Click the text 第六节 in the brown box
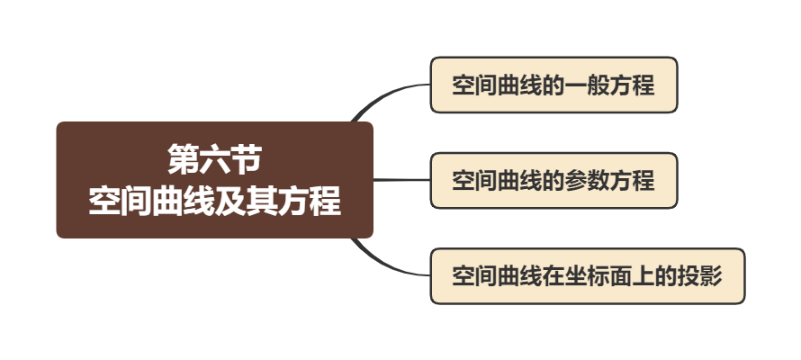(x=214, y=160)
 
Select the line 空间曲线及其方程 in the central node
(x=214, y=200)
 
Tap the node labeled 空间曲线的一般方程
(x=553, y=85)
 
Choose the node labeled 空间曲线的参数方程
(x=553, y=180)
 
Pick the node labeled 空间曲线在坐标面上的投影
(x=587, y=274)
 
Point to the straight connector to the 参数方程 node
(x=401, y=180)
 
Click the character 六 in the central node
(x=214, y=160)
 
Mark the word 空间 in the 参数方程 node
(x=473, y=180)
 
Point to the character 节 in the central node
(x=246, y=160)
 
